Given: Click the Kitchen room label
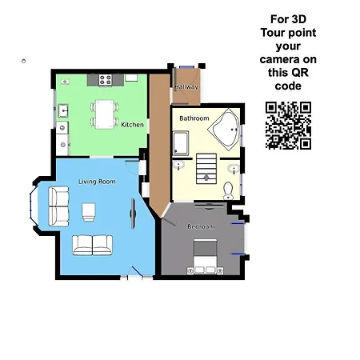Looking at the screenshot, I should click(132, 125).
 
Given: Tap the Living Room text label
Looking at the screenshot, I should click(97, 182).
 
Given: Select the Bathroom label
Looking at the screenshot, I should click(194, 118).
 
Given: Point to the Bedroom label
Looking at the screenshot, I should click(201, 226).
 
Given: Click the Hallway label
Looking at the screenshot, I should click(186, 87).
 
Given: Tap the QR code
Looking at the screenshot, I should click(288, 126).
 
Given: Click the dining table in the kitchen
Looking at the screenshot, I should click(104, 113).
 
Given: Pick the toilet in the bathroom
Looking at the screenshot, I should click(228, 190).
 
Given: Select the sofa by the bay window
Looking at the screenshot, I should click(58, 206).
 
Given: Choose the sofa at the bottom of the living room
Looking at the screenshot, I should click(93, 245).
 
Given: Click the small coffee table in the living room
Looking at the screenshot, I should click(89, 212).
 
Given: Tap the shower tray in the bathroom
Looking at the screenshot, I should click(180, 142).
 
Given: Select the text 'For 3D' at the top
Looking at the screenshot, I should click(287, 18).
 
